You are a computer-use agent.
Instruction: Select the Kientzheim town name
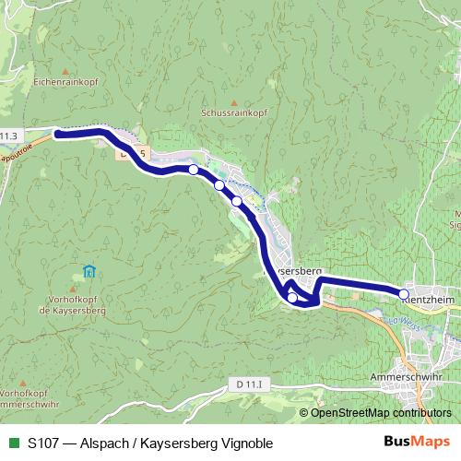430,301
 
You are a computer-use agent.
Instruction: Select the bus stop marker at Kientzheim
403,294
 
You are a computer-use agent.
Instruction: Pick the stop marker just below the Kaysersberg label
292,297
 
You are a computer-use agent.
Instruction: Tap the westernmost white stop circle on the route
193,170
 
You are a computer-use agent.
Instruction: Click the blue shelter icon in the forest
89,271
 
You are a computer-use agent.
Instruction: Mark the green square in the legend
13,443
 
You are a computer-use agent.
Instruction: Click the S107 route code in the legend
45,443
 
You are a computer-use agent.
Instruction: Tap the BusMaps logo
417,443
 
